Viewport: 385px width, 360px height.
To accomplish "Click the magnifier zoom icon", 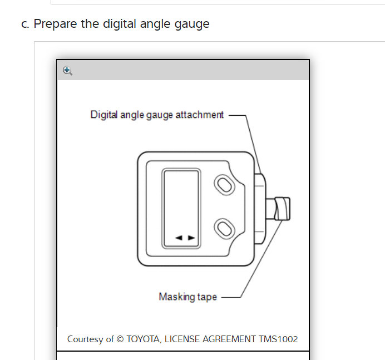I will [67, 71].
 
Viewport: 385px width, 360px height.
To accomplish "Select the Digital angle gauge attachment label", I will [157, 115].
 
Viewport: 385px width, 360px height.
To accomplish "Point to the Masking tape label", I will [187, 297].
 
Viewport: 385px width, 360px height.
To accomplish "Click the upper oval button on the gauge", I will [224, 185].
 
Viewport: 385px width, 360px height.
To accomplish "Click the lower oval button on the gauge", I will [224, 228].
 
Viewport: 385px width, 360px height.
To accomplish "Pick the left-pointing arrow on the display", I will [179, 238].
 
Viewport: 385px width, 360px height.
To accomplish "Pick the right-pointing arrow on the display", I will [191, 238].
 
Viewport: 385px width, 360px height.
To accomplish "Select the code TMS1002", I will [278, 339].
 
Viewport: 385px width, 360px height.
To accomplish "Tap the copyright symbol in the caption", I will [121, 339].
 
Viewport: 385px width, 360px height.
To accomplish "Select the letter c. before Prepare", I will [26, 24].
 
